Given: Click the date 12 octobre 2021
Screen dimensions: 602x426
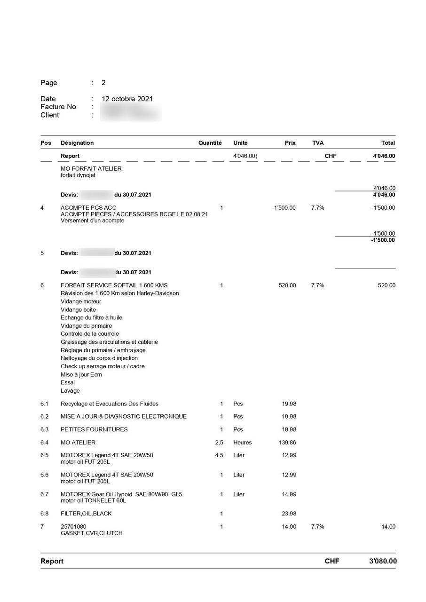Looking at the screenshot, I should [127, 99].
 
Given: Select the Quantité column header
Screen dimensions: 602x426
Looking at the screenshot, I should [210, 143].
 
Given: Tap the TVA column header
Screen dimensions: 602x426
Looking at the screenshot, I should [318, 143].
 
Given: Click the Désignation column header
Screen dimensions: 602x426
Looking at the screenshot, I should [77, 143].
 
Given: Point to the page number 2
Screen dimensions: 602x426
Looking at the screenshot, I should [103, 83].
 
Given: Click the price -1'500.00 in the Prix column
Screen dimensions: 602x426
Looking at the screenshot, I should [284, 208].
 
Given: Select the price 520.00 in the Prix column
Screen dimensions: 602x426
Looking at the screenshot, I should [287, 285].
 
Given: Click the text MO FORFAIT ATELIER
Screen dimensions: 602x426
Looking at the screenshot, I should [91, 168].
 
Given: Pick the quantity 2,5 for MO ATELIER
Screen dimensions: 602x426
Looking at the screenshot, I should [219, 443].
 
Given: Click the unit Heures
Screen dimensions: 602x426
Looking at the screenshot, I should [242, 443].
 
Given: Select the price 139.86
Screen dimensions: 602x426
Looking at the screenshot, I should [286, 443].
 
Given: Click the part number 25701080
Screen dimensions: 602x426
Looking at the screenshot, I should [73, 527].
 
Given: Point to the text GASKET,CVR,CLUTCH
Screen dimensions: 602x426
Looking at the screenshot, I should [91, 533].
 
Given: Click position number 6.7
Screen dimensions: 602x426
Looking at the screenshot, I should [45, 494].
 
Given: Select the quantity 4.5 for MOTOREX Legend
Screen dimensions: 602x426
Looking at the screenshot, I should [219, 455].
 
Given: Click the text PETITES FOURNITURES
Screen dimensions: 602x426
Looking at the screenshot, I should [94, 429].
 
